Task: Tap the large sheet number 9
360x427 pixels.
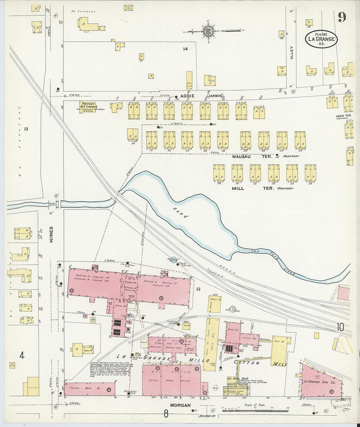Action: (342, 16)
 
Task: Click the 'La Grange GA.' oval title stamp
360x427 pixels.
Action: (321, 39)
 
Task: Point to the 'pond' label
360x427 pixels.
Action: (181, 212)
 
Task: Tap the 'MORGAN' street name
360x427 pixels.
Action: (180, 405)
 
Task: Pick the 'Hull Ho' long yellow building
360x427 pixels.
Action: (213, 344)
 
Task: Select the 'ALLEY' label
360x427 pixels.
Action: (292, 52)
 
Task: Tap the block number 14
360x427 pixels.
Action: (186, 49)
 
